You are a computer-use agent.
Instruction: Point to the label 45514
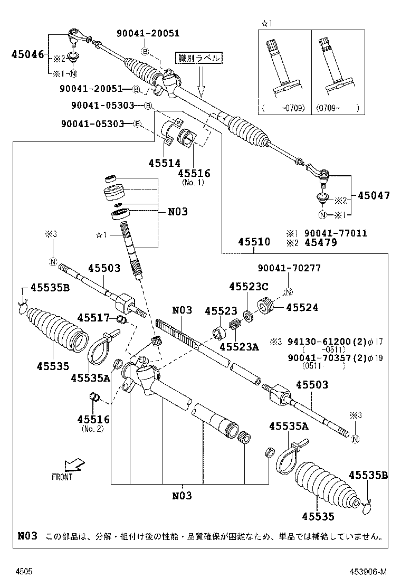[x=164, y=163]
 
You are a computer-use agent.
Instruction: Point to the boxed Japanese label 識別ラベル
[x=199, y=59]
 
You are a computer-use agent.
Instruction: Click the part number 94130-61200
[x=318, y=342]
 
